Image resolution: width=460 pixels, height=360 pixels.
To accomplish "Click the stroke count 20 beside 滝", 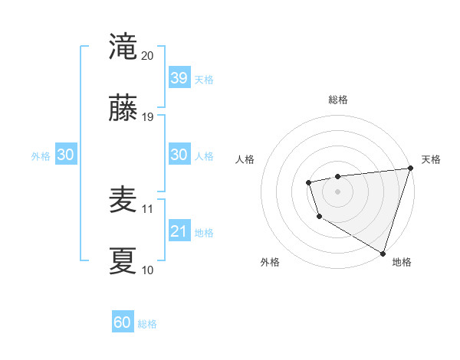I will pyautogui.click(x=148, y=56).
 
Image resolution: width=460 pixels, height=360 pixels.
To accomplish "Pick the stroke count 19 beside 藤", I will pyautogui.click(x=148, y=117).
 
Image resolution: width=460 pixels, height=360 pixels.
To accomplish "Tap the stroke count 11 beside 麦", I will pyautogui.click(x=148, y=208).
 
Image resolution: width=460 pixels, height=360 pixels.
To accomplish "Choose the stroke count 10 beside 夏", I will pyautogui.click(x=148, y=270).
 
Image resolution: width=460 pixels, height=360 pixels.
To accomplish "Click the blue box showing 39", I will pyautogui.click(x=179, y=78).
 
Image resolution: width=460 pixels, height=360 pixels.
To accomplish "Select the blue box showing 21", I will pyautogui.click(x=179, y=231).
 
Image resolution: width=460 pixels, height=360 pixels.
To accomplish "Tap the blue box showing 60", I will pyautogui.click(x=123, y=322).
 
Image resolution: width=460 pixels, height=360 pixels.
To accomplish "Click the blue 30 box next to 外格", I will pyautogui.click(x=65, y=155).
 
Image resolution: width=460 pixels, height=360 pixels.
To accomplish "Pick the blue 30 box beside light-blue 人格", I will pyautogui.click(x=179, y=155).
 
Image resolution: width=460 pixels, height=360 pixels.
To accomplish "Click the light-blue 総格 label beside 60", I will pyautogui.click(x=148, y=324).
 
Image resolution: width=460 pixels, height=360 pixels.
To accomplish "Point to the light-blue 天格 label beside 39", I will pyautogui.click(x=204, y=80).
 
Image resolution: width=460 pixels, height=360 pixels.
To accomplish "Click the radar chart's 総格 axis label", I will pyautogui.click(x=337, y=100).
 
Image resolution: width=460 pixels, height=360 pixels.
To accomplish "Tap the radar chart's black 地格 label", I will pyautogui.click(x=402, y=262).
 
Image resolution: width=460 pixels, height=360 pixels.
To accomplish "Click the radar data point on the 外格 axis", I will pyautogui.click(x=318, y=217).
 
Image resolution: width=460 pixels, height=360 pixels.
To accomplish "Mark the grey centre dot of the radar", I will pyautogui.click(x=337, y=191).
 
